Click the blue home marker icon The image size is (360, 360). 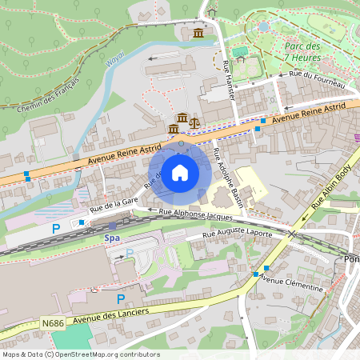pos(180,172)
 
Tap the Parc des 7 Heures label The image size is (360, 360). pos(302,51)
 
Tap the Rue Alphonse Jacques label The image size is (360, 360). pos(197,214)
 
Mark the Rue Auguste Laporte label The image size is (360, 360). pos(237,234)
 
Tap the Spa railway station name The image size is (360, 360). pos(112,238)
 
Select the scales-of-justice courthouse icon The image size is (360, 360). pos(194,121)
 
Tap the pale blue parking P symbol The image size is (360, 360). pos(129,254)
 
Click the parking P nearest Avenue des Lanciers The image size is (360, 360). pos(121,298)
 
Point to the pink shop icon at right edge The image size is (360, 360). pos(356,137)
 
